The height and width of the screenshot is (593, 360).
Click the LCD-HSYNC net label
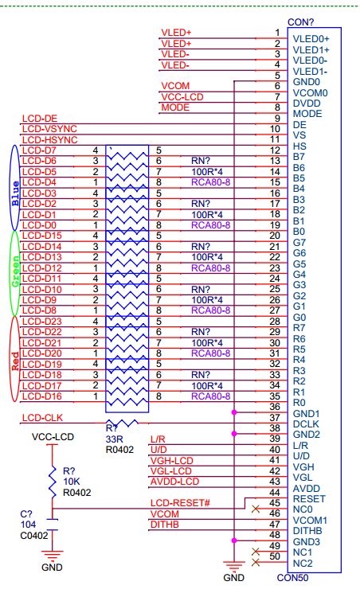tap(49, 139)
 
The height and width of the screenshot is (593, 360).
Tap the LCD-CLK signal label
tap(42, 418)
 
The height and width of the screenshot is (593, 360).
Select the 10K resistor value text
tap(71, 482)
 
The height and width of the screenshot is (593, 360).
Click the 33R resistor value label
tap(115, 439)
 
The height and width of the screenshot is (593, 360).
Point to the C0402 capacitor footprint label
tap(34, 535)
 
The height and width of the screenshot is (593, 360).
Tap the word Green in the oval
tap(15, 271)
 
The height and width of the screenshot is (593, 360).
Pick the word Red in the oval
tap(15, 361)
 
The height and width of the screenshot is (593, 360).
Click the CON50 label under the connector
tap(292, 578)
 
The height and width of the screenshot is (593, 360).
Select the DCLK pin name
tap(307, 424)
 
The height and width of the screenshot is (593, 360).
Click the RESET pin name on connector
tap(309, 499)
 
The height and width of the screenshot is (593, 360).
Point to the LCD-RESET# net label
tap(180, 503)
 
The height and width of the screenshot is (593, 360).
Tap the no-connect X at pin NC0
tap(256, 509)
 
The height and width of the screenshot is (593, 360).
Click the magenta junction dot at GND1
tap(234, 412)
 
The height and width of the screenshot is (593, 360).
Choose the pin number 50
tap(275, 556)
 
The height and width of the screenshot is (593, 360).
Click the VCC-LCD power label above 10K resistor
tap(53, 437)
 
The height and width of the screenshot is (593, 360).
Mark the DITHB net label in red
tap(165, 525)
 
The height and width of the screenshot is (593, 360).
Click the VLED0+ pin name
tap(311, 38)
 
